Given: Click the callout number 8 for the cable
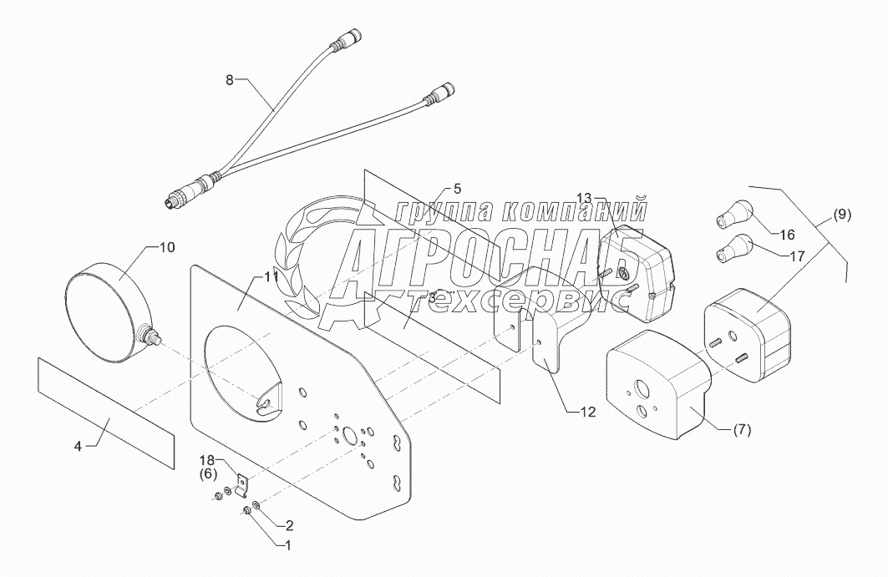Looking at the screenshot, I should [231, 80].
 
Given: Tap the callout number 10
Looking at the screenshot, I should [166, 246].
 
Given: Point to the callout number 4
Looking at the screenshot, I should [79, 446].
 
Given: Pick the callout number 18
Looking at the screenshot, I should [206, 460].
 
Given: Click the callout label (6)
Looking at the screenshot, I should [206, 473].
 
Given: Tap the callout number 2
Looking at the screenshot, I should [290, 525].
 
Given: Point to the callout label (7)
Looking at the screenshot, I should [742, 431].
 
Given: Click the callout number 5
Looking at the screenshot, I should [458, 188].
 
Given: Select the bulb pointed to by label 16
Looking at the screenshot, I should [727, 215].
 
